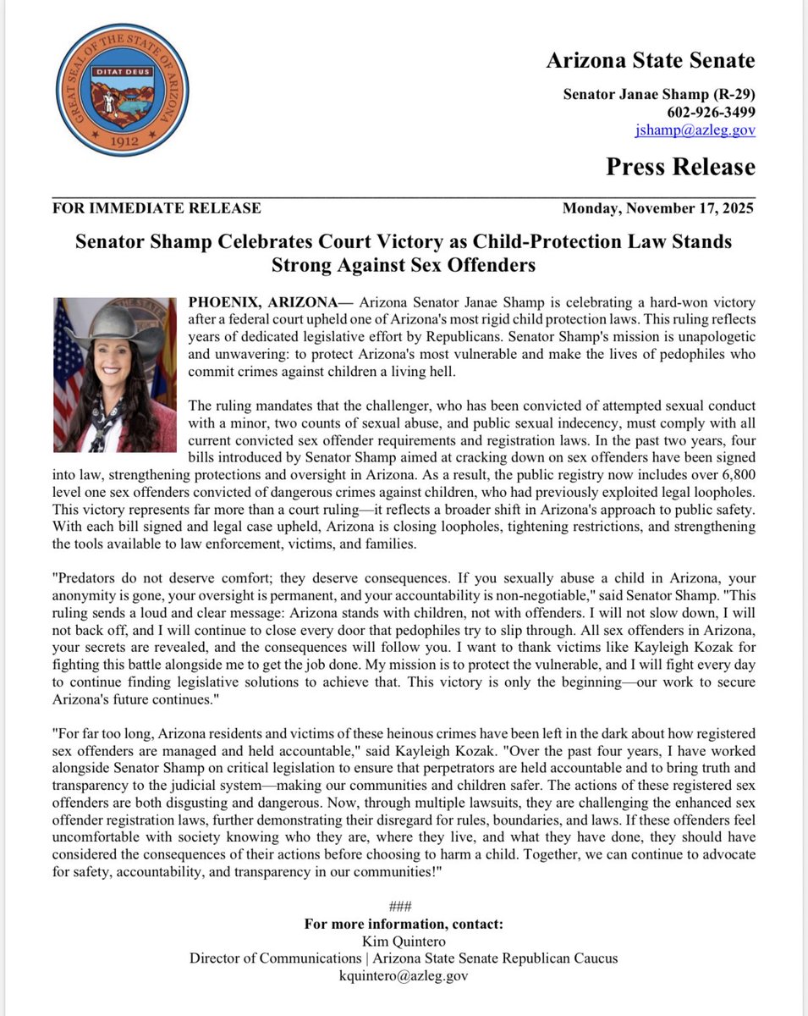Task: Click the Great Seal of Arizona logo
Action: tap(123, 91)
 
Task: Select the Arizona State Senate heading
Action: tap(650, 61)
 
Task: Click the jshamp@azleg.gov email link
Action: tap(695, 130)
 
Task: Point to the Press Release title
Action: tap(679, 167)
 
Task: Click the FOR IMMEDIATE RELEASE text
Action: tap(157, 208)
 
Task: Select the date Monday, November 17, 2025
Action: tap(658, 208)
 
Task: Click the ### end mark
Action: tap(403, 906)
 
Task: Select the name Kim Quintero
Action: tap(403, 941)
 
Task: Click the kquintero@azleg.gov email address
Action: tap(403, 975)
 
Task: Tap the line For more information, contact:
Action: tap(403, 924)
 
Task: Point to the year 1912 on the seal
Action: tap(123, 142)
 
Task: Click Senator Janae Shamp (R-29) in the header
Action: tap(659, 94)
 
